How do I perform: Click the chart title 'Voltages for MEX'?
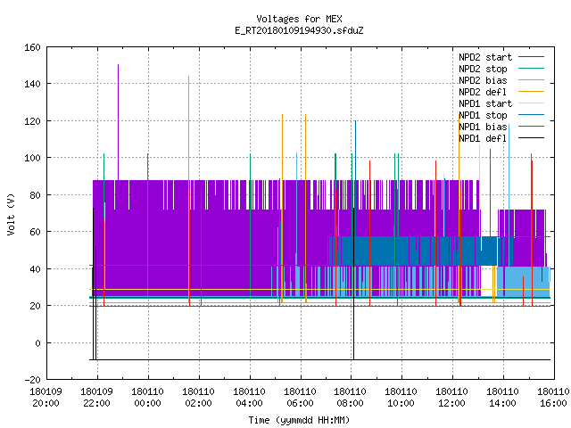tap(299, 19)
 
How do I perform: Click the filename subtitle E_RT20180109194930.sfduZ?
tap(299, 30)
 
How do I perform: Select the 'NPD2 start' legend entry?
tap(501, 57)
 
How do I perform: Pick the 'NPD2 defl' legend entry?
tap(501, 92)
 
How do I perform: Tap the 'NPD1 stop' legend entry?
tap(501, 115)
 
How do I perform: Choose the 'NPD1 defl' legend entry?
tap(501, 138)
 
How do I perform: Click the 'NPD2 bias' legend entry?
tap(501, 80)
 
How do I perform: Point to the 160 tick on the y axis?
tap(32, 47)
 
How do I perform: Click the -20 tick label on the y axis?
tap(32, 380)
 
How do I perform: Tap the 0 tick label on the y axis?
tap(37, 342)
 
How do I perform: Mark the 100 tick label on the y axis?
tap(32, 158)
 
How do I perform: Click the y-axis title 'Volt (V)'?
tap(12, 214)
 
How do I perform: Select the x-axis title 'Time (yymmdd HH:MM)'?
tap(299, 420)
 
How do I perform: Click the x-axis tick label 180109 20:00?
tap(46, 398)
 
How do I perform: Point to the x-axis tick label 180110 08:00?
tap(351, 398)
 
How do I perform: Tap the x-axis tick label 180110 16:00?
tap(553, 398)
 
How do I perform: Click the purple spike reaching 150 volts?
tap(118, 122)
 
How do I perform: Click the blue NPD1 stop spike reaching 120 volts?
tap(355, 178)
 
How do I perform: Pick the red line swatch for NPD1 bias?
tap(532, 127)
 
